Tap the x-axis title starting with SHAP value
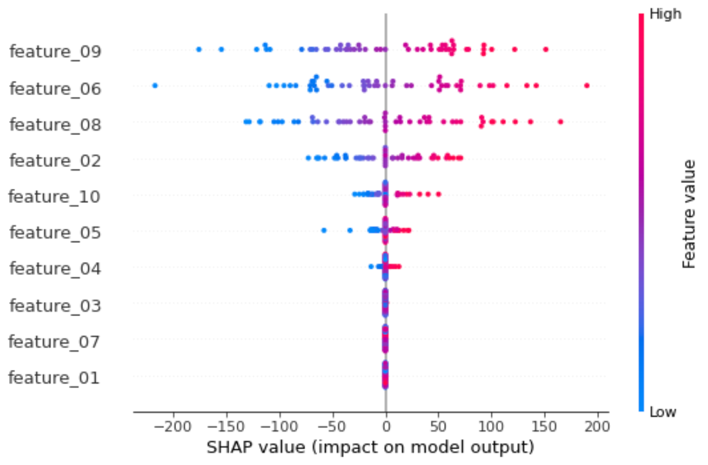point(370,448)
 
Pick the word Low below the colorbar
point(663,412)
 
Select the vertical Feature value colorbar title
point(688,213)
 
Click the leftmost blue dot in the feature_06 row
point(155,86)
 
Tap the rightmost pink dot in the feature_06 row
point(587,86)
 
